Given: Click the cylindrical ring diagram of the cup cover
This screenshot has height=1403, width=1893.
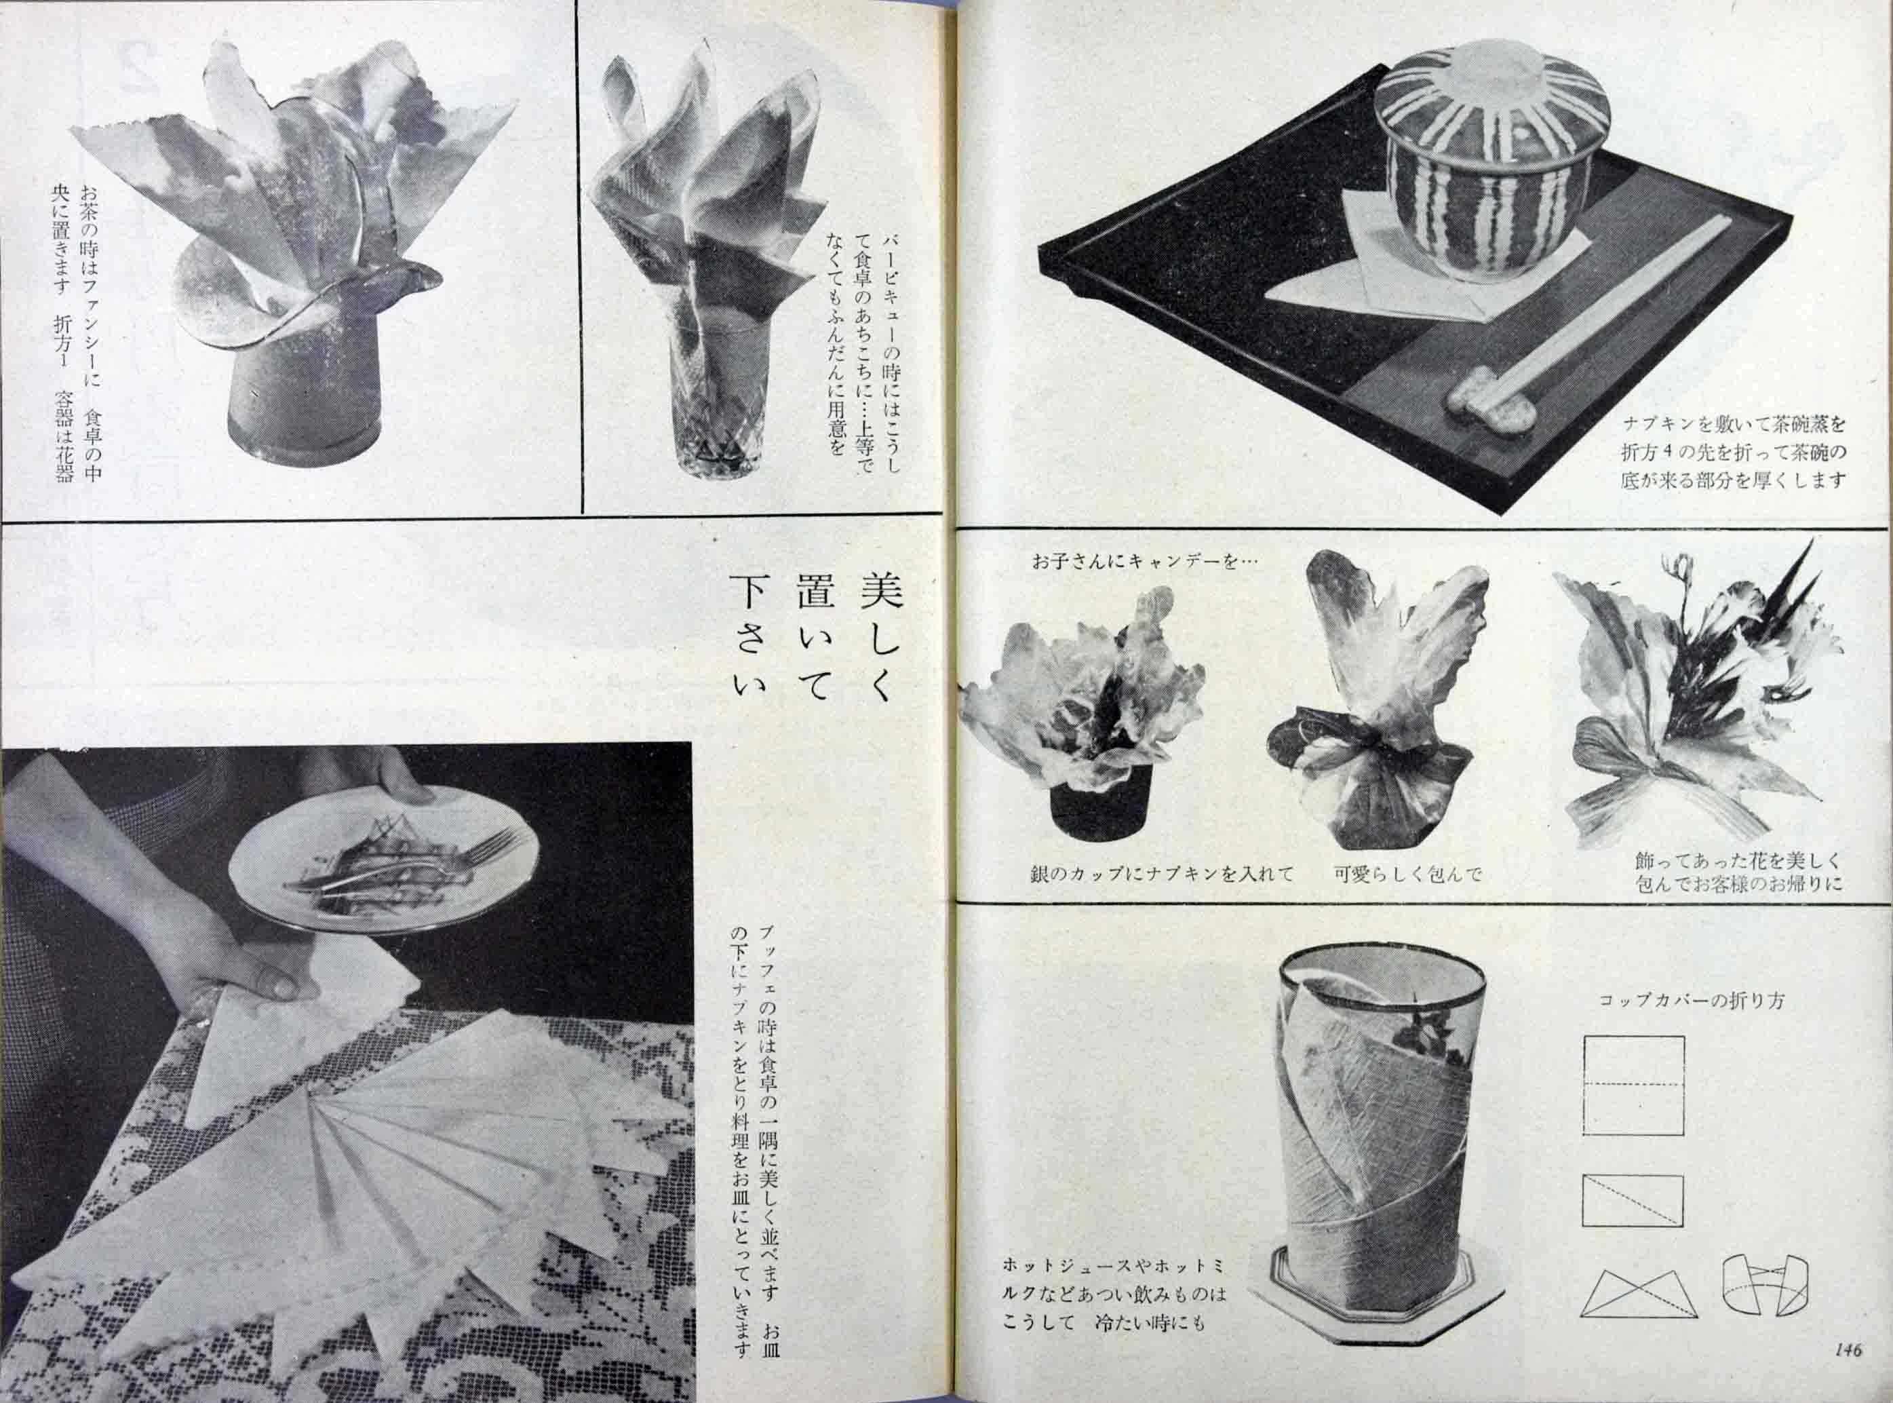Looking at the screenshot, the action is tap(1765, 1306).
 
